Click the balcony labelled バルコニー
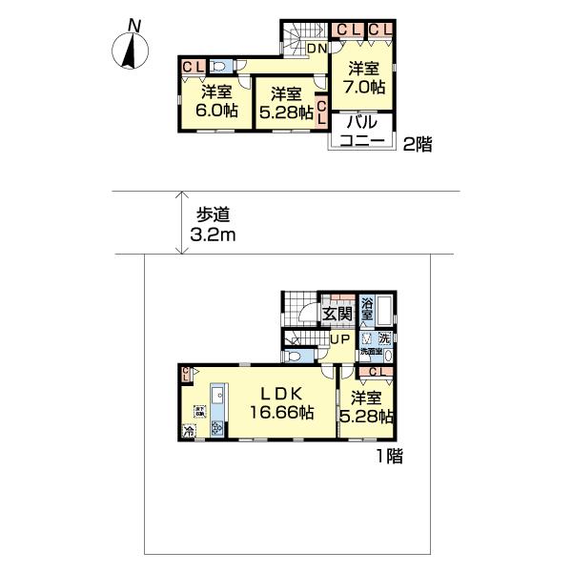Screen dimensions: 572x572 click(x=358, y=132)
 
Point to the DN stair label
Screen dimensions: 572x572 click(x=317, y=49)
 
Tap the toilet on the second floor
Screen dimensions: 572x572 click(x=219, y=67)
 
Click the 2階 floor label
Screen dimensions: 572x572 click(x=418, y=145)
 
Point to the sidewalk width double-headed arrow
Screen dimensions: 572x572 click(x=180, y=223)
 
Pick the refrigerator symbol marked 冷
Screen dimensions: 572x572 click(x=188, y=430)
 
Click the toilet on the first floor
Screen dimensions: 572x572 click(x=295, y=356)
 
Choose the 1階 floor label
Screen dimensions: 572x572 click(x=388, y=458)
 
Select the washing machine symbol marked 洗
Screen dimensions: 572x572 click(x=383, y=338)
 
